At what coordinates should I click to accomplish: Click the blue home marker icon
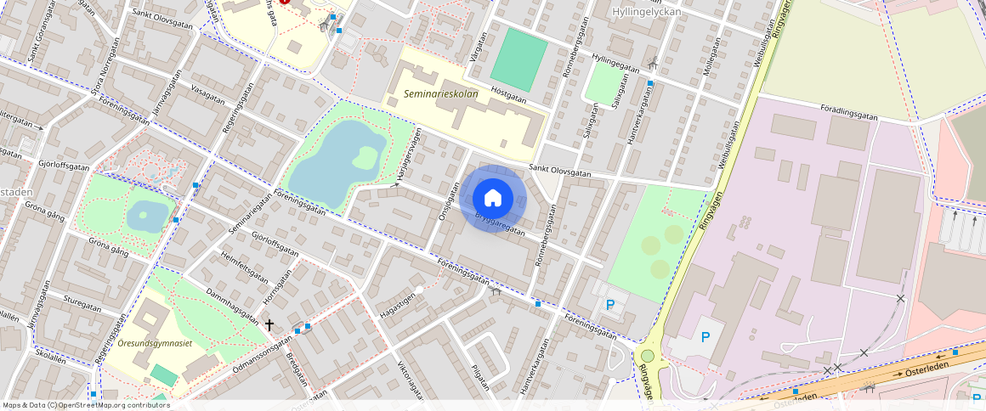pos(493,198)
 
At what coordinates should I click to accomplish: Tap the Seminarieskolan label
pos(441,94)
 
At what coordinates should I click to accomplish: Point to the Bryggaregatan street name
pos(500,222)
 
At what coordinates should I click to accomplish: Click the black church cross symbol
pos(269,324)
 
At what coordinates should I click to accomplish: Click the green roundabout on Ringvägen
pos(648,356)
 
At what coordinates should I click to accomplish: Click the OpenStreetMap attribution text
pos(87,405)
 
